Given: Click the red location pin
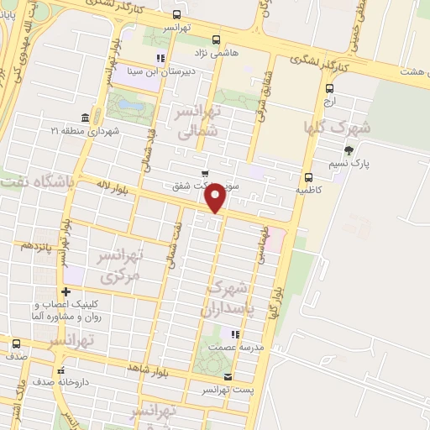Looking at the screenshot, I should coord(216,197).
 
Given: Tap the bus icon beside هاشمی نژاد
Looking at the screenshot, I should coord(216,39).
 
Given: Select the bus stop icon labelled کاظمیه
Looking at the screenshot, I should coord(309,177).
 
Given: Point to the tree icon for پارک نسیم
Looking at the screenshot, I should coord(349,151).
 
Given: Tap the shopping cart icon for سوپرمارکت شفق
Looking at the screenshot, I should coord(205,174).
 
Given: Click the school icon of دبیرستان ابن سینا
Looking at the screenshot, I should coord(160,58).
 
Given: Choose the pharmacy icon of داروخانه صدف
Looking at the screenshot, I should coord(60,370).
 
